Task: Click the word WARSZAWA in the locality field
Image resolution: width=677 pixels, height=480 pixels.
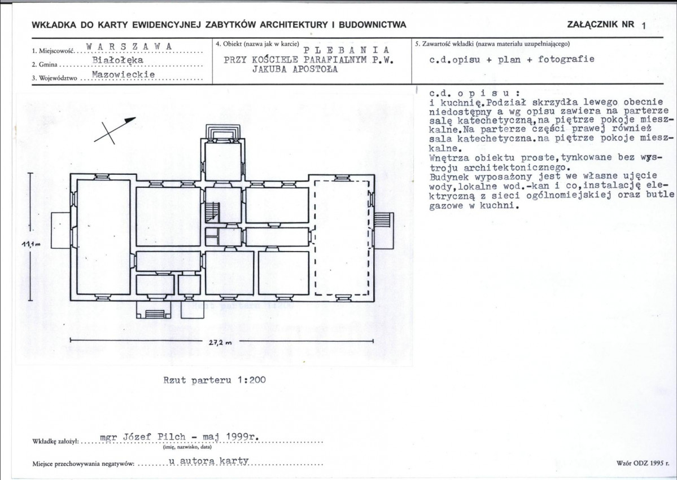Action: (x=129, y=46)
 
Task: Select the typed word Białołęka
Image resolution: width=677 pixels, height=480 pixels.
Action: (x=118, y=60)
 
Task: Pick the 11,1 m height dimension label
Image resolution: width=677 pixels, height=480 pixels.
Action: (x=30, y=245)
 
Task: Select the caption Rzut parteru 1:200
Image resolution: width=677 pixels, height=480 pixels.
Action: (x=215, y=380)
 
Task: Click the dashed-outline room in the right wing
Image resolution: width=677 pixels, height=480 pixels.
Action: (x=342, y=237)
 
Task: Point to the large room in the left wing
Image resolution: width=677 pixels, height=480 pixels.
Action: (x=104, y=237)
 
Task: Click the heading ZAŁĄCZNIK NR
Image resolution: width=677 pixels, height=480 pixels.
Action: (x=601, y=24)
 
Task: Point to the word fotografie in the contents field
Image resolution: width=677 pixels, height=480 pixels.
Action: (x=566, y=59)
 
